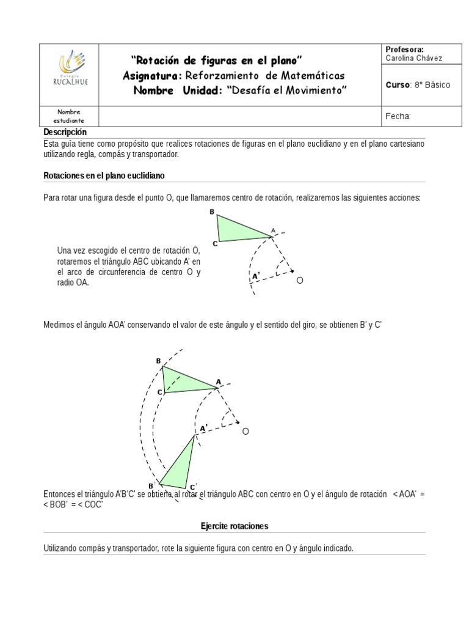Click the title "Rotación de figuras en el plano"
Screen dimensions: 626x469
(217, 60)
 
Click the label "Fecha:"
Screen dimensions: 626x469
(398, 116)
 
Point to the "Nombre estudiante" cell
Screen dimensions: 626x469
(69, 116)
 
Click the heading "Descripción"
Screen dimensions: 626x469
(65, 133)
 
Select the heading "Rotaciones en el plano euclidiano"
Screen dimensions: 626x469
(104, 175)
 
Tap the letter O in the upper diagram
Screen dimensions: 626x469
(299, 281)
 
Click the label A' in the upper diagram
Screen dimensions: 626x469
(256, 276)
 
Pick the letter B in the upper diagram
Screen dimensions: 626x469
(212, 212)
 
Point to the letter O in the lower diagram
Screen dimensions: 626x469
(245, 432)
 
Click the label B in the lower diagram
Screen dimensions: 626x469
(158, 361)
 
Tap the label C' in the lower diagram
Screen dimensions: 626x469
(192, 487)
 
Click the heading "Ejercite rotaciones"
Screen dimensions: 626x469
(234, 526)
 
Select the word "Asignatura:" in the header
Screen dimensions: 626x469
(152, 75)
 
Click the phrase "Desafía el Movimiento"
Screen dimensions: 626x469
(286, 90)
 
